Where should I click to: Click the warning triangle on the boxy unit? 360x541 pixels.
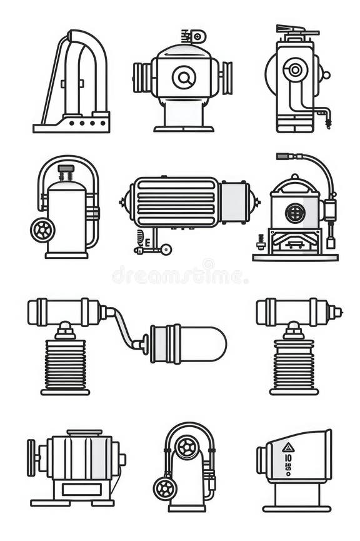coord(287,447)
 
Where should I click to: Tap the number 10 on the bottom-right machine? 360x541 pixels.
coord(287,458)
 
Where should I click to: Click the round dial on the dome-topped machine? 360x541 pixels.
coord(184,78)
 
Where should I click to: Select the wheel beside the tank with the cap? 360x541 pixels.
coord(42,230)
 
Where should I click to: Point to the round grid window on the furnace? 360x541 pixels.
coord(295,213)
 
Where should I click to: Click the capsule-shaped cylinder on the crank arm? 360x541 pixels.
coord(187,343)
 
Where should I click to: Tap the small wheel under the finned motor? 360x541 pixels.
coord(166,250)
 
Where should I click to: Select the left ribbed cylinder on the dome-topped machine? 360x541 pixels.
coord(142,78)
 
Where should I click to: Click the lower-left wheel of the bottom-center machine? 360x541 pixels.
coord(165,488)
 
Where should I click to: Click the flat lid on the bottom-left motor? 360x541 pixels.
coord(84,432)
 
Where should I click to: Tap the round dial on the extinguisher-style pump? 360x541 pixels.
coord(293,69)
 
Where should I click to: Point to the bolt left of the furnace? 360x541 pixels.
coord(261,241)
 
